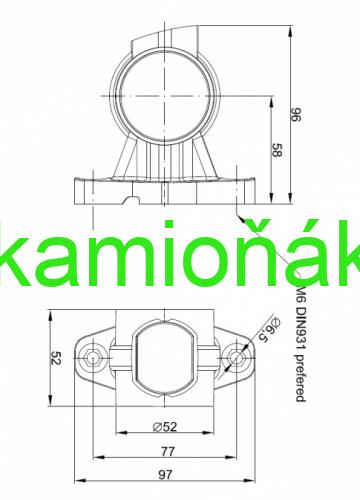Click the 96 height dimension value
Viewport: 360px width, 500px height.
pos(296,114)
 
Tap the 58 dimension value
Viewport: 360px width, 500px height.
pos(277,150)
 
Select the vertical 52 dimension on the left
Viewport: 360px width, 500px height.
pos(56,358)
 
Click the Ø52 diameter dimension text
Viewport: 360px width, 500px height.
pos(165,426)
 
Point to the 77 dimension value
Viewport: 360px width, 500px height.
pos(168,451)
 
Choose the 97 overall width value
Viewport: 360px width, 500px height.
pos(165,474)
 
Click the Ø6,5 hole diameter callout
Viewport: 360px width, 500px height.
pos(269,330)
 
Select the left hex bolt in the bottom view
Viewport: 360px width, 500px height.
pos(93,357)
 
